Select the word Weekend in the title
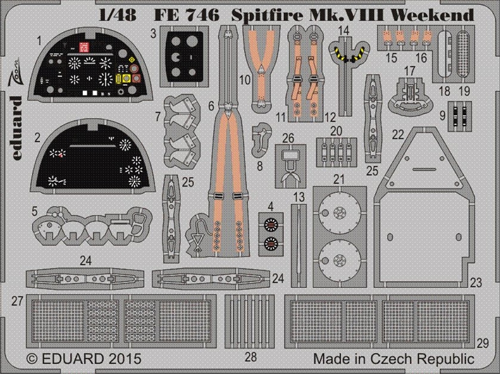point(435,14)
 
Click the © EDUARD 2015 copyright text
point(75,358)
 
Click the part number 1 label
point(39,41)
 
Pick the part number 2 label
point(38,136)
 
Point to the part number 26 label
point(288,137)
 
